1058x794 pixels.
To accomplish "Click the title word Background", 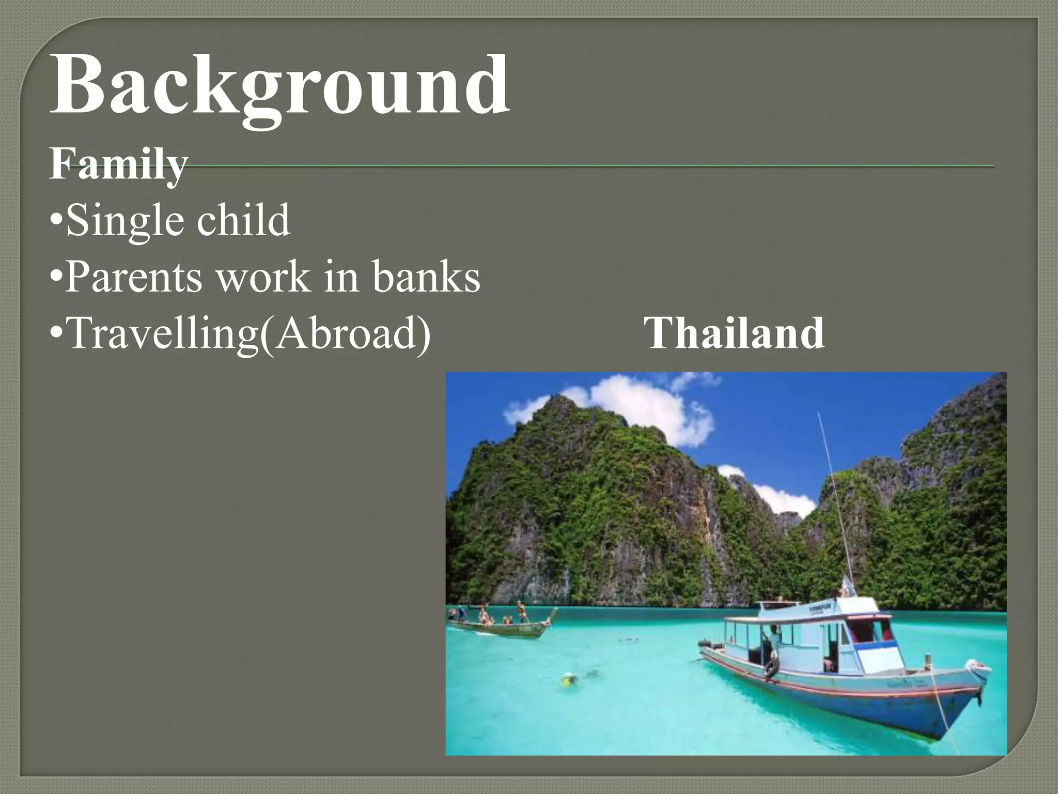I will pos(279,85).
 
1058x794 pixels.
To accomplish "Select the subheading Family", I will pos(118,164).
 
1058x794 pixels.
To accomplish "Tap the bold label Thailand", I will pos(734,333).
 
